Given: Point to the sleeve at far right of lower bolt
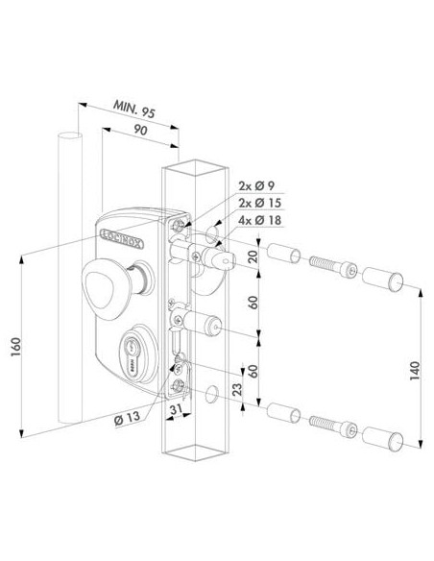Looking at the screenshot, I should pos(381,434).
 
